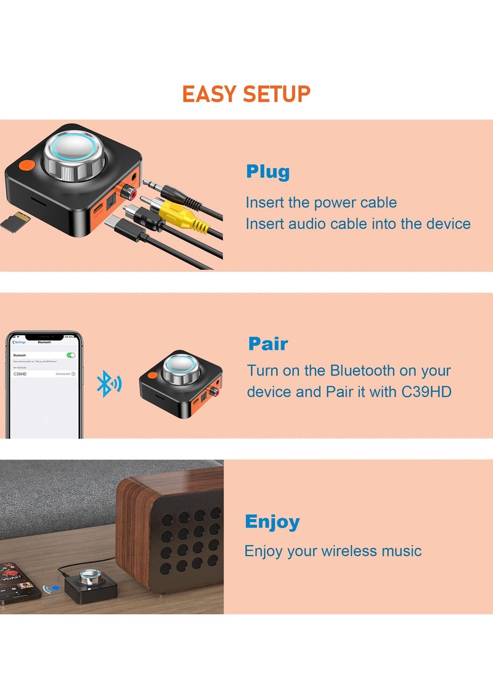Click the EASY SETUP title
pyautogui.click(x=246, y=94)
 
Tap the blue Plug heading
pyautogui.click(x=267, y=172)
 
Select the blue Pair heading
pyautogui.click(x=268, y=344)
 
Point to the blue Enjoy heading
pyautogui.click(x=272, y=522)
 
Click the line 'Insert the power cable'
pyautogui.click(x=321, y=202)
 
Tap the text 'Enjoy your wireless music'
pyautogui.click(x=333, y=551)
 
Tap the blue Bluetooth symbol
pyautogui.click(x=108, y=385)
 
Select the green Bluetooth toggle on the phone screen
pyautogui.click(x=71, y=355)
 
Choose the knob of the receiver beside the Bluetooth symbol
pyautogui.click(x=182, y=368)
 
